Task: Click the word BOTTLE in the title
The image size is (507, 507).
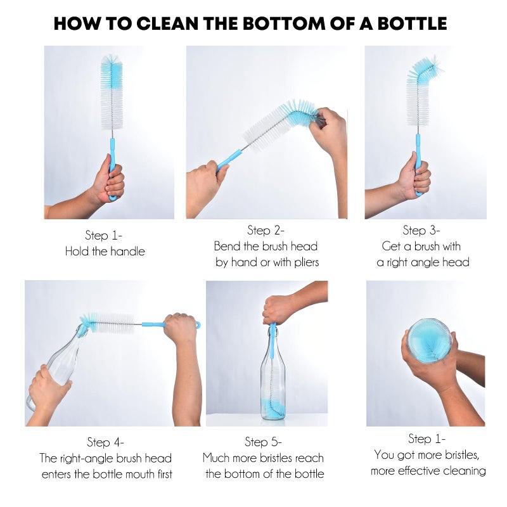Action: click(409, 23)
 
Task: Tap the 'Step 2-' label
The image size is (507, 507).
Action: click(266, 230)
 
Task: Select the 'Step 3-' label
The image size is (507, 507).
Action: click(421, 230)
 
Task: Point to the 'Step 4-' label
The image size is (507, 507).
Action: click(105, 442)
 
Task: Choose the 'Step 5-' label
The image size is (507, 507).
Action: click(263, 442)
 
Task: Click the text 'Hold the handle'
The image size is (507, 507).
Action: click(105, 252)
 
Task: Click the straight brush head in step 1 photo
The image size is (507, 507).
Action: click(112, 92)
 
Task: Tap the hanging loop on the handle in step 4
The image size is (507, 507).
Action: click(196, 324)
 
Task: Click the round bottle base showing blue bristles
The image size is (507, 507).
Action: click(430, 340)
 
